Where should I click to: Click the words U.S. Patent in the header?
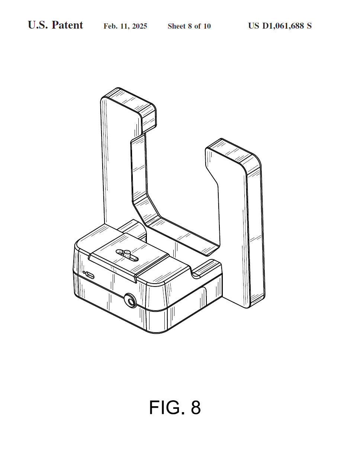click(55, 25)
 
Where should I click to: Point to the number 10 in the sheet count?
click(207, 26)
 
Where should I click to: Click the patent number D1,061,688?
click(283, 26)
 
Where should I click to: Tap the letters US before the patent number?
click(254, 26)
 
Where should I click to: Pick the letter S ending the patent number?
click(309, 26)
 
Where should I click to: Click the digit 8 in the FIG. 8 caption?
click(196, 407)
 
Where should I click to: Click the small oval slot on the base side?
click(90, 275)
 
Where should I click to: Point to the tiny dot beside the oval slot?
click(84, 272)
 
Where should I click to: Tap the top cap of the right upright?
click(234, 153)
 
